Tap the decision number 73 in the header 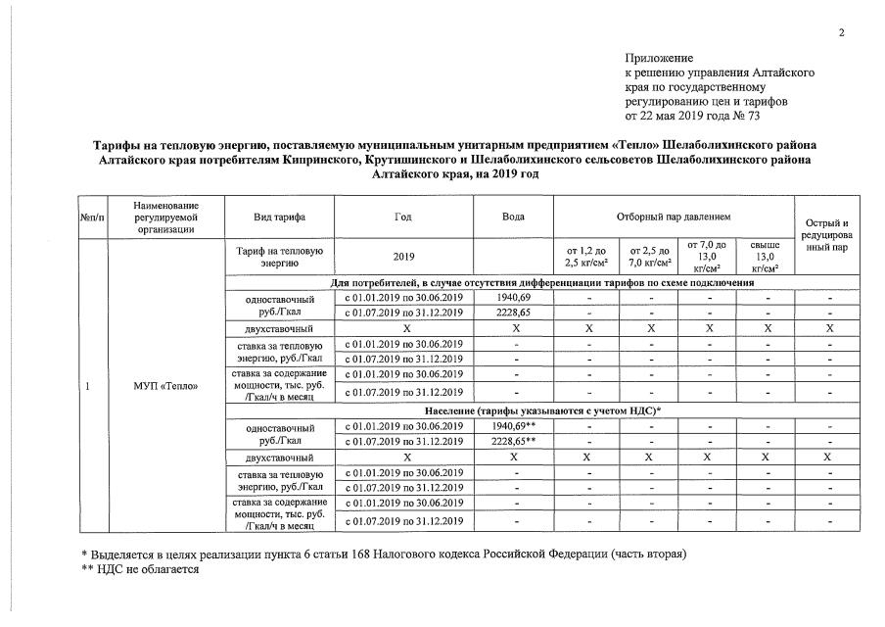pyautogui.click(x=780, y=116)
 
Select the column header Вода pyautogui.click(x=513, y=217)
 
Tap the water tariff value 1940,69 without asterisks pyautogui.click(x=513, y=298)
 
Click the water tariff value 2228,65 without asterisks pyautogui.click(x=513, y=313)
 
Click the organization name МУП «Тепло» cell pyautogui.click(x=165, y=386)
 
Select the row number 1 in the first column pyautogui.click(x=88, y=386)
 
